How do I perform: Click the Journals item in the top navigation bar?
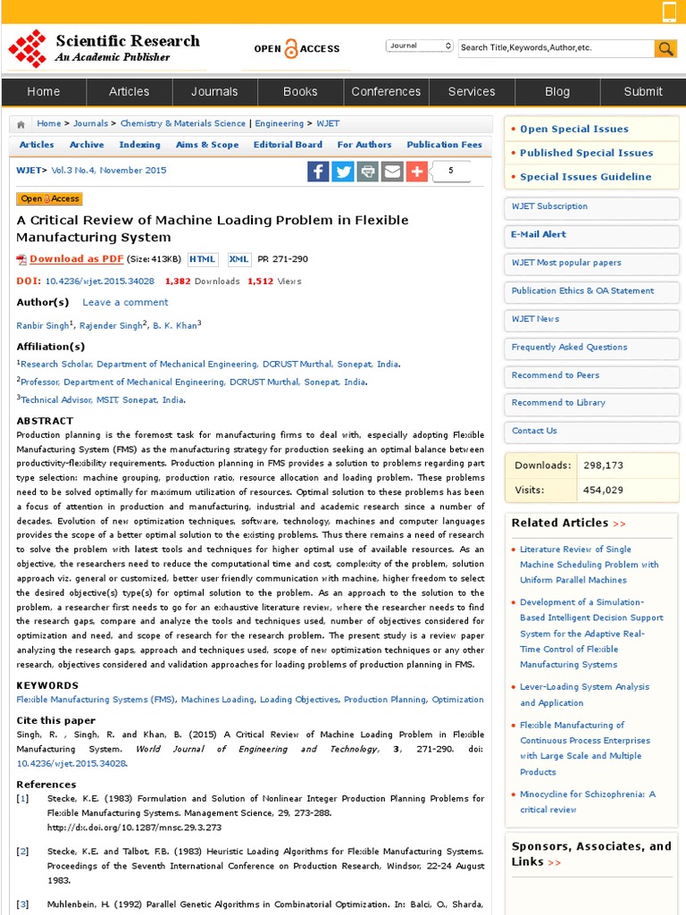(214, 91)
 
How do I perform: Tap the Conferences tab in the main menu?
(386, 91)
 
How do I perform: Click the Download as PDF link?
(76, 259)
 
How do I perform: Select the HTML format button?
(202, 259)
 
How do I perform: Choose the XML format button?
(239, 259)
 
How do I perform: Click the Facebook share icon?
(318, 171)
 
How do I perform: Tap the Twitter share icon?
(343, 171)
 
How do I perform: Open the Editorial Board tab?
(288, 145)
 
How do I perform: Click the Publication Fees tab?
(444, 145)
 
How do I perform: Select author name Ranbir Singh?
(43, 326)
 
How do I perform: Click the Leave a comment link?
(125, 302)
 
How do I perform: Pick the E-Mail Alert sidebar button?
(539, 234)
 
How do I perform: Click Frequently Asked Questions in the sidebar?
(569, 347)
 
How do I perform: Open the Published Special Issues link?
(586, 153)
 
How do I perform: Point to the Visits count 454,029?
(603, 490)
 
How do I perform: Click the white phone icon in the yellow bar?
(669, 12)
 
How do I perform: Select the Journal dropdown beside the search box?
(420, 46)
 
